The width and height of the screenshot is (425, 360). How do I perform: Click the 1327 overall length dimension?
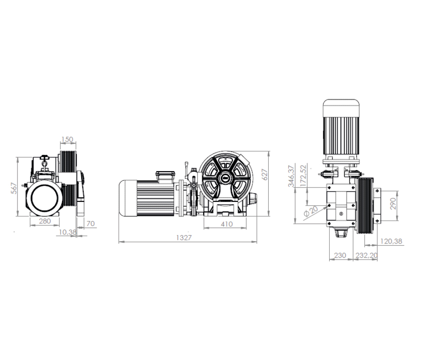[x=184, y=238]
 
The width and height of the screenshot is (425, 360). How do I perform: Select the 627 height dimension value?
[x=265, y=175]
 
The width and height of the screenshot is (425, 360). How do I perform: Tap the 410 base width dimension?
[x=226, y=224]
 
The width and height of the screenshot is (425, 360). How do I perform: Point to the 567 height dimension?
[x=14, y=188]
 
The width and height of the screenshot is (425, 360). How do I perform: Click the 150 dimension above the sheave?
[x=67, y=139]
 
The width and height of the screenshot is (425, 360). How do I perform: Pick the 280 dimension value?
[x=45, y=221]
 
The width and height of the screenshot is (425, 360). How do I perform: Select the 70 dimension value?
[x=90, y=224]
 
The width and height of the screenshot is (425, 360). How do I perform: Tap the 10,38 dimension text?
[x=68, y=233]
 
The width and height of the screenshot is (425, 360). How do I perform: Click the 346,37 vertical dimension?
[x=291, y=176]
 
